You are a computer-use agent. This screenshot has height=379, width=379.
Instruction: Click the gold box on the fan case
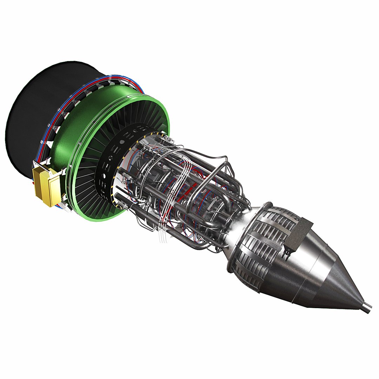pyautogui.click(x=46, y=186)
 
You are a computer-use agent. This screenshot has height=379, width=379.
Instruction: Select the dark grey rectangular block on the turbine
pyautogui.click(x=300, y=234)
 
